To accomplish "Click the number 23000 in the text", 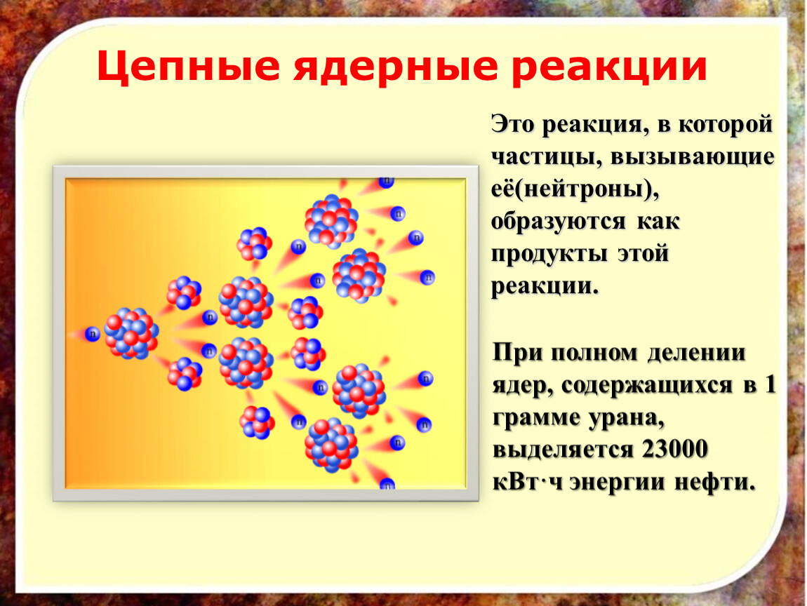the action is click(674, 449).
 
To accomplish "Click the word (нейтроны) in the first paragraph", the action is click(586, 189).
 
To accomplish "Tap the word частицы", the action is click(546, 157).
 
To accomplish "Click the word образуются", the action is click(559, 222).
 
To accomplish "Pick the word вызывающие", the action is click(692, 157).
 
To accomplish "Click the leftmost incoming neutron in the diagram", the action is click(93, 334).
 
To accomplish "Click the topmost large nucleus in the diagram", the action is click(331, 221).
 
